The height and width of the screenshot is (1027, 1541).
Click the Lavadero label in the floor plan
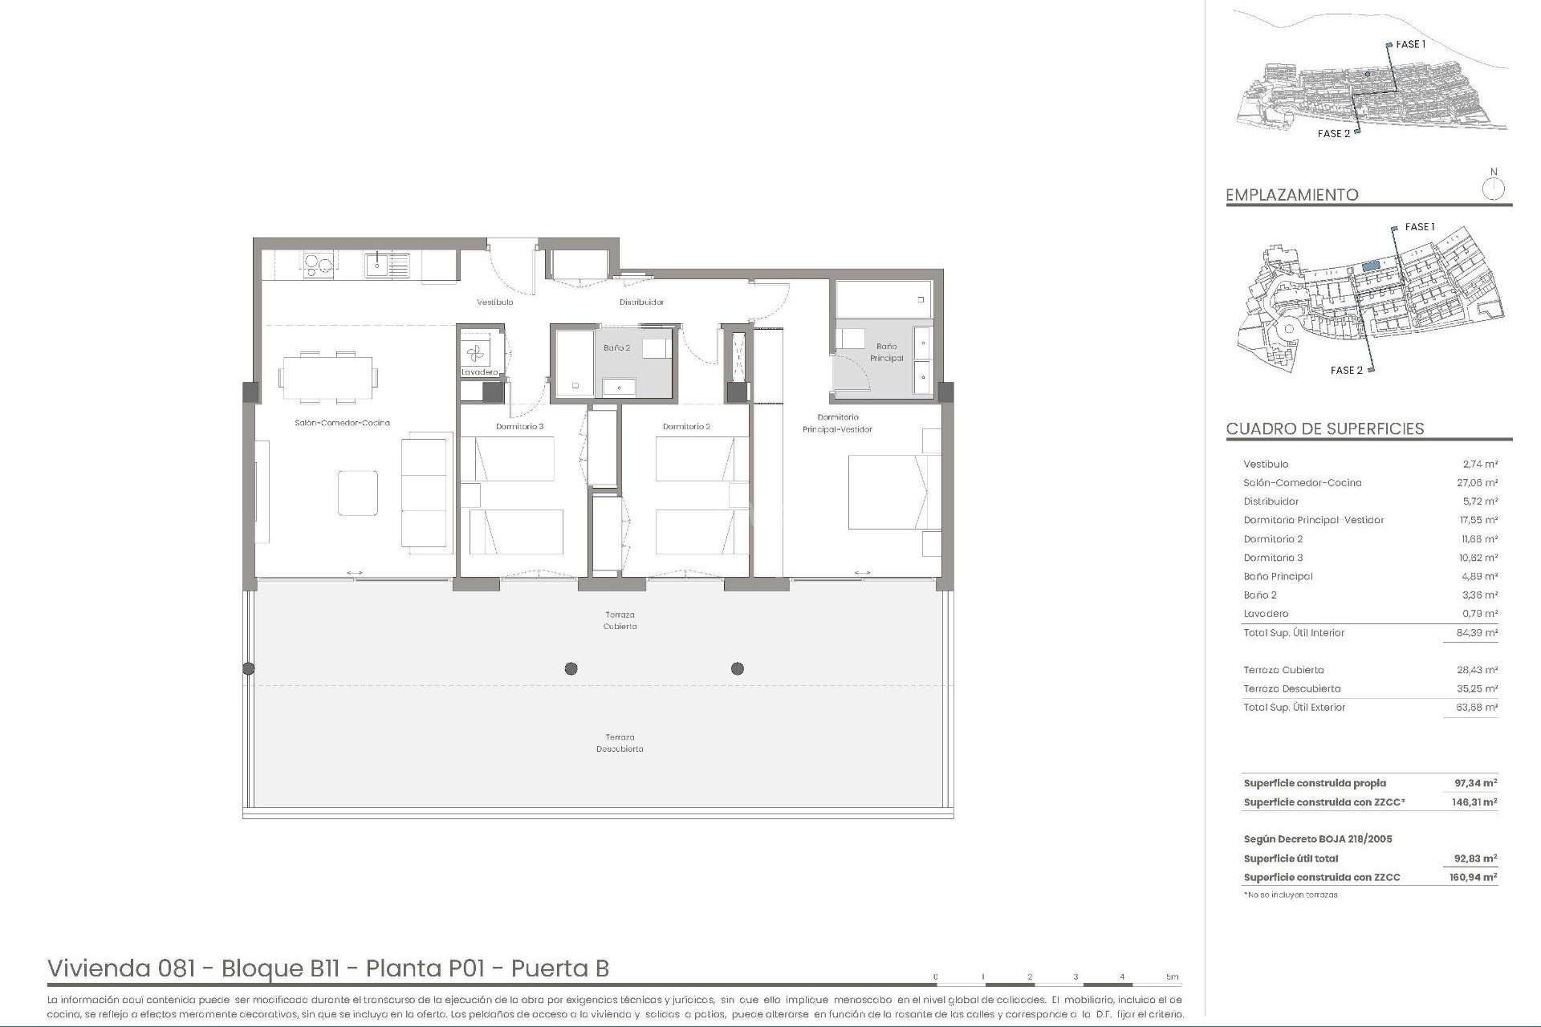(x=480, y=372)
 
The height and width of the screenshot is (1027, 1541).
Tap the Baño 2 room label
(x=617, y=348)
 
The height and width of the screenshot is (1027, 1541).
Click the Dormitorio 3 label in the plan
(x=519, y=427)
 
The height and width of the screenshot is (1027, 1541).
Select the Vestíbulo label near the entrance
(x=494, y=302)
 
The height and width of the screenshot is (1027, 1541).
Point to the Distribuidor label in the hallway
(x=641, y=302)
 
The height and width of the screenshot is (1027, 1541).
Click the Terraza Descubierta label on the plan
(x=620, y=743)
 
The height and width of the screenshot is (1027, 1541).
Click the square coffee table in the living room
(x=358, y=493)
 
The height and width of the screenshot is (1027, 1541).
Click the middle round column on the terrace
(x=571, y=668)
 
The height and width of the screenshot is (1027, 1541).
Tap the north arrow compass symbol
(x=1494, y=189)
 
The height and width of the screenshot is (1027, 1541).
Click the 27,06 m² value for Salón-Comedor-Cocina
(x=1478, y=483)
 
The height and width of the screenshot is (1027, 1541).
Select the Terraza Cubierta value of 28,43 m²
(x=1478, y=670)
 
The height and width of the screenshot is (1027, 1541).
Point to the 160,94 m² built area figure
(x=1475, y=878)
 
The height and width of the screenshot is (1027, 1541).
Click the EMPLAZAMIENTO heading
(x=1292, y=195)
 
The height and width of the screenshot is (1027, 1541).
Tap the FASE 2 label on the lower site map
(x=1347, y=371)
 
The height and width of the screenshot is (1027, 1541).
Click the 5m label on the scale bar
(x=1173, y=977)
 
